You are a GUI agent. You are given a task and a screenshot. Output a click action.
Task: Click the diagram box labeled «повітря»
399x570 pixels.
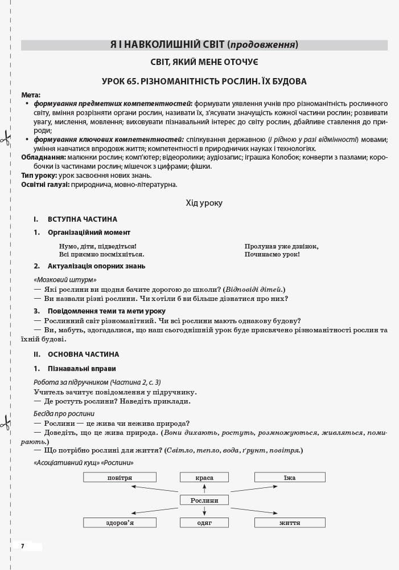(120, 477)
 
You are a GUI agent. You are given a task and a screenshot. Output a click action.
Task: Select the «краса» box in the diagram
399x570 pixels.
(204, 477)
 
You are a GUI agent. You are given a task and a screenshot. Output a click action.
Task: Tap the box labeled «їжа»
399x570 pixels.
(290, 477)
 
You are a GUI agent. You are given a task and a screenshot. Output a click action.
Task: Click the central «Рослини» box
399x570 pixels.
(204, 500)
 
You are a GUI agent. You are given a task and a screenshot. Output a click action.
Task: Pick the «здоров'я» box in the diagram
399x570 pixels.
(120, 522)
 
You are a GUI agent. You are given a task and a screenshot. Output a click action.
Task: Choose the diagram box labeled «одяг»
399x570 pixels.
(204, 522)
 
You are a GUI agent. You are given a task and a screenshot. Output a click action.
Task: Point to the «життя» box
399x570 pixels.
(290, 522)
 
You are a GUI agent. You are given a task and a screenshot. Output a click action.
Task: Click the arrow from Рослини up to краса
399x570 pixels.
(204, 488)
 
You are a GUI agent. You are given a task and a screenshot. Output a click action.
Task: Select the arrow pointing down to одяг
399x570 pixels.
(204, 511)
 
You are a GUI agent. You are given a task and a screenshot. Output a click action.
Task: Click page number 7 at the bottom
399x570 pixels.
(23, 546)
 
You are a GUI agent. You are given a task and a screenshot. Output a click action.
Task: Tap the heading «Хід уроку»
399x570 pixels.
(204, 203)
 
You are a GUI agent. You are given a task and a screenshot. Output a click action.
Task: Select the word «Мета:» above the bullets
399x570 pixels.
(31, 95)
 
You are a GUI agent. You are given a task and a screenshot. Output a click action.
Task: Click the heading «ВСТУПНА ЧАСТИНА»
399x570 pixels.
(83, 219)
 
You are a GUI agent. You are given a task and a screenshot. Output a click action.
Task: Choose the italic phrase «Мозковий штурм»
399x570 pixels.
(65, 280)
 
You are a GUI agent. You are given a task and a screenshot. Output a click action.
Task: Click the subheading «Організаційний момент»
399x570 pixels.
(89, 233)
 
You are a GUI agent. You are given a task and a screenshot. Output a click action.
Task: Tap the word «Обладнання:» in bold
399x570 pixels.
(43, 157)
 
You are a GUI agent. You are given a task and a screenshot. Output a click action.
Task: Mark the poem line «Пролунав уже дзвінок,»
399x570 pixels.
(282, 246)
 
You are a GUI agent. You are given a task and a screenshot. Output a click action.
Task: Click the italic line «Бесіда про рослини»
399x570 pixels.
(64, 414)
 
